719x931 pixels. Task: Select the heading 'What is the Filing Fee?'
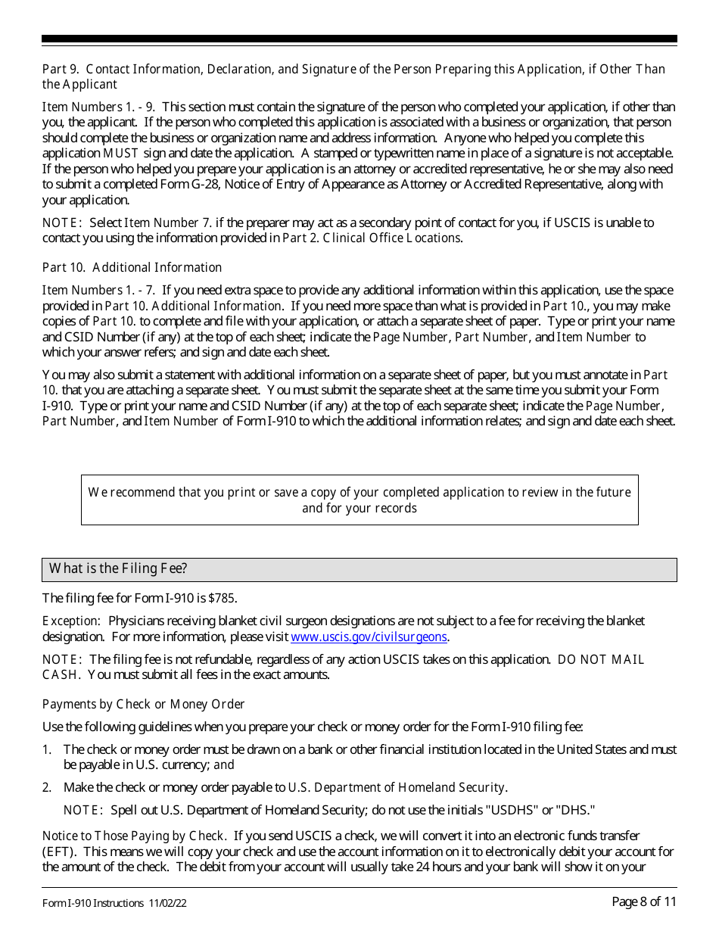point(118,569)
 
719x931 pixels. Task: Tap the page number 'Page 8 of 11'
point(644,901)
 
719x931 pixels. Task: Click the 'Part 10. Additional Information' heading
point(132,267)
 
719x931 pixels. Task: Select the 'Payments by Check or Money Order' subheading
point(143,704)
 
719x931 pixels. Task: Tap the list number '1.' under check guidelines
point(47,749)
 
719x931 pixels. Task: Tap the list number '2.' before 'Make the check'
point(47,787)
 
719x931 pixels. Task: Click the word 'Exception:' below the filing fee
point(70,621)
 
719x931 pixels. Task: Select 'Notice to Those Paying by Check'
point(133,836)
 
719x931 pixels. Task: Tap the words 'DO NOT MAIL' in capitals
point(601,659)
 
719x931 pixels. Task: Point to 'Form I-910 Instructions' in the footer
point(92,903)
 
